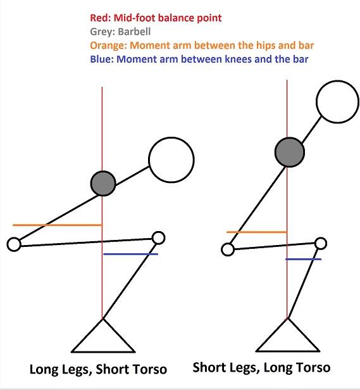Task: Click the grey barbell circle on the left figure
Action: tap(103, 184)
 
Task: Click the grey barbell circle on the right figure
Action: tap(290, 152)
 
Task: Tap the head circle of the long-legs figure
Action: tap(171, 160)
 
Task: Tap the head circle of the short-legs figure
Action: tap(337, 101)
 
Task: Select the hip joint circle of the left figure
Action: tap(14, 244)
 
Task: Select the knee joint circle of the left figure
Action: tap(158, 238)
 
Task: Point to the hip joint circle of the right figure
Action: tap(228, 249)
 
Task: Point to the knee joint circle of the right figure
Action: tap(321, 243)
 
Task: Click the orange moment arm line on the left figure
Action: tap(58, 225)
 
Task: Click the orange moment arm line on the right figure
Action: tap(257, 232)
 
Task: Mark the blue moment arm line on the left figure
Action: tap(130, 254)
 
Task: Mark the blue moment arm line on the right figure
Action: tap(303, 259)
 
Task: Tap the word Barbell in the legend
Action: tap(134, 32)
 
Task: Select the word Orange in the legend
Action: tap(108, 46)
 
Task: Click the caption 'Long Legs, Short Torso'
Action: tap(98, 369)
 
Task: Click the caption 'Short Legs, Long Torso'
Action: tap(261, 368)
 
